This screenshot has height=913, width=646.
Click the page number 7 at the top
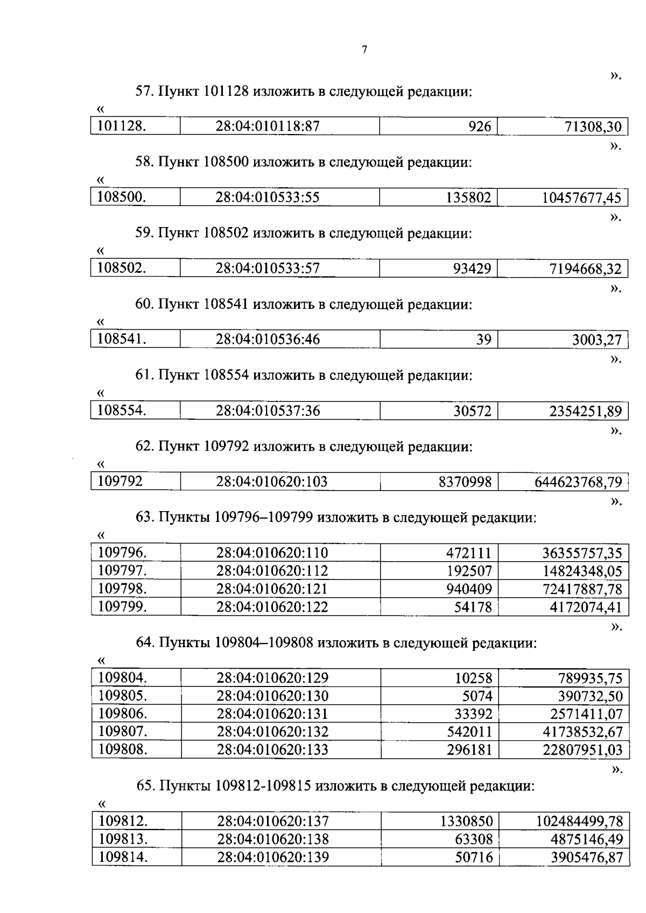[x=364, y=50]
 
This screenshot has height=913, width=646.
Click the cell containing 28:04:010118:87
[x=268, y=126]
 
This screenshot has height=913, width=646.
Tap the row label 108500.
[x=122, y=197]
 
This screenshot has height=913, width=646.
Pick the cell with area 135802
[x=468, y=198]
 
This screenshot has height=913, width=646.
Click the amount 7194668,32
[x=585, y=269]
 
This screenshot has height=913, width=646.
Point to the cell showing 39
[x=483, y=339]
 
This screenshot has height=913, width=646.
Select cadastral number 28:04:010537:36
[x=268, y=411]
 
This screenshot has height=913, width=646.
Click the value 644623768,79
[x=578, y=482]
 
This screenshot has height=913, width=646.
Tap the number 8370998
[x=465, y=482]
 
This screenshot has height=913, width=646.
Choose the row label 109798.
[x=122, y=589]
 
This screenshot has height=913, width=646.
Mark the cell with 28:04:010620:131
[x=272, y=714]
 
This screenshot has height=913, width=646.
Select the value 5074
[x=477, y=696]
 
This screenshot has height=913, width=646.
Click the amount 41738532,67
[x=582, y=732]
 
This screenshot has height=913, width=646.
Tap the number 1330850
[x=466, y=822]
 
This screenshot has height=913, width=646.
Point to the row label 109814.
[x=123, y=857]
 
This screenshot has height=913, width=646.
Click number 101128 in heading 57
[x=226, y=91]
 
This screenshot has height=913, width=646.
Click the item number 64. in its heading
[x=144, y=643]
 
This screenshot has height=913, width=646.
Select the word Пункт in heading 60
[x=179, y=305]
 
